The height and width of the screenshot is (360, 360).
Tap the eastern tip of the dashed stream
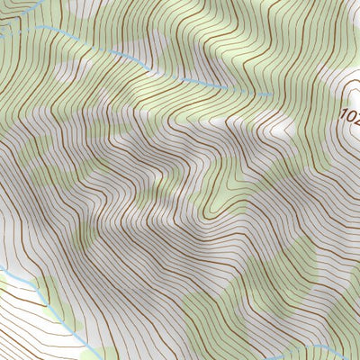tap(271, 94)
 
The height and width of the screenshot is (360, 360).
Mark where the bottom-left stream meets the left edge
tap(1, 267)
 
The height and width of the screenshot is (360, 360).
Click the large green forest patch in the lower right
tap(270, 297)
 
